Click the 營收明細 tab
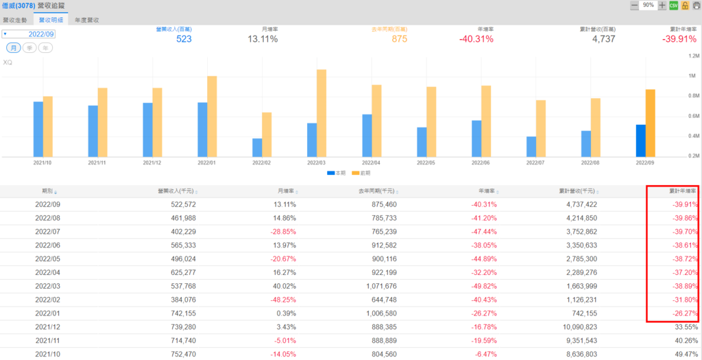(51, 20)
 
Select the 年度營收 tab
(86, 20)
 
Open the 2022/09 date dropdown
(29, 34)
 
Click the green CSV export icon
(673, 5)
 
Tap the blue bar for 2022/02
(257, 147)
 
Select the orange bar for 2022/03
(322, 113)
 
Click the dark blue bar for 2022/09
(640, 141)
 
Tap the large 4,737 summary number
(603, 39)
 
